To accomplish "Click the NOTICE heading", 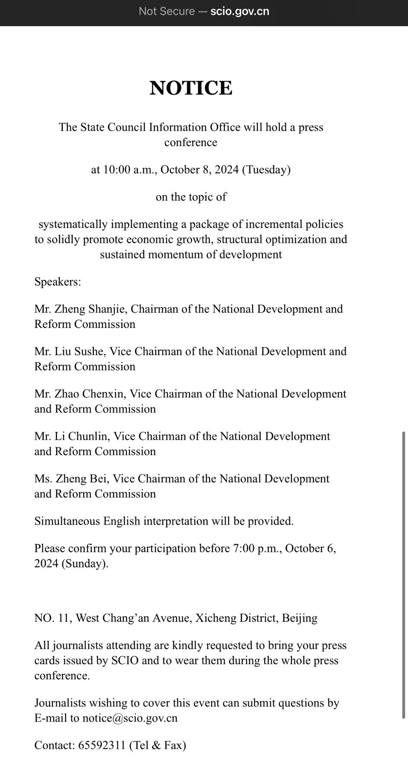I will tap(191, 88).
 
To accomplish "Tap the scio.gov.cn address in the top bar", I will tap(240, 11).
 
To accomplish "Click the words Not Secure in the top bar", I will tap(166, 11).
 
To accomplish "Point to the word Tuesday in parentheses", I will tap(266, 170).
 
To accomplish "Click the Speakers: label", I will tap(58, 282).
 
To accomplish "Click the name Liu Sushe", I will tap(79, 352).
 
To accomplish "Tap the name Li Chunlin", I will tap(81, 436).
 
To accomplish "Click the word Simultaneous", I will tap(67, 521).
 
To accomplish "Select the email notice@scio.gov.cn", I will tap(130, 718).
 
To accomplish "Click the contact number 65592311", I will tap(102, 745).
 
